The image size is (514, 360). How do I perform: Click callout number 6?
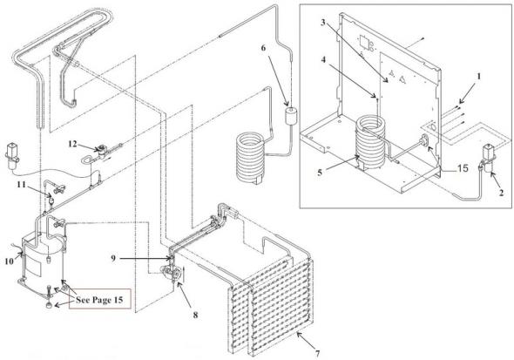[264, 48]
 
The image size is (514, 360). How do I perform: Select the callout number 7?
[317, 353]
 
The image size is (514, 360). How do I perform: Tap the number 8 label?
[195, 315]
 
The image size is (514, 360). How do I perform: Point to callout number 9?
[113, 259]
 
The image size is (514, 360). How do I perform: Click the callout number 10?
[10, 261]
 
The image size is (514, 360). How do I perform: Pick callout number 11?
[22, 185]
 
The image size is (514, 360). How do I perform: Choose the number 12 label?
[72, 144]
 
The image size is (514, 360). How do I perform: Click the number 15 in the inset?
[463, 168]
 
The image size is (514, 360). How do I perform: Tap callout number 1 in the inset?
[478, 77]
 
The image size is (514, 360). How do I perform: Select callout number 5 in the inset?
[320, 173]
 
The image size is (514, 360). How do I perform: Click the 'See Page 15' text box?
[99, 299]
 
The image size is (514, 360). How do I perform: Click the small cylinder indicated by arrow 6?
[291, 116]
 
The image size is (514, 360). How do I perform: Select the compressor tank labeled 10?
[44, 255]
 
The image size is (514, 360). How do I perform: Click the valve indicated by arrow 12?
[100, 148]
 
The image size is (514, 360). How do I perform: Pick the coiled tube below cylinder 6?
[250, 157]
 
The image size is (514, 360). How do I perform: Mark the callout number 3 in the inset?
[323, 23]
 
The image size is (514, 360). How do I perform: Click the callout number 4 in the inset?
[323, 60]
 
